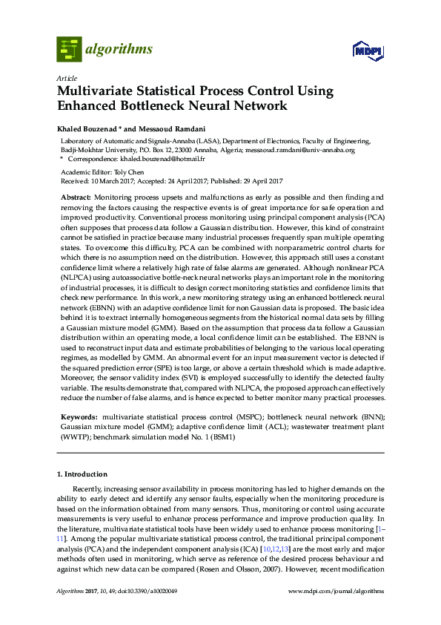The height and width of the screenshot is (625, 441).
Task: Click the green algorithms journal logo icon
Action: coord(69,50)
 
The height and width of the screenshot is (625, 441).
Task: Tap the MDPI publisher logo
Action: coord(368,51)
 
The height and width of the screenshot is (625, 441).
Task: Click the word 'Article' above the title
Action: coord(64,77)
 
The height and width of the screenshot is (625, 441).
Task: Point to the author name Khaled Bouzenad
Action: coord(87,126)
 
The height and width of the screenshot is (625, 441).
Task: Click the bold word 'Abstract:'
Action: coord(76,197)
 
